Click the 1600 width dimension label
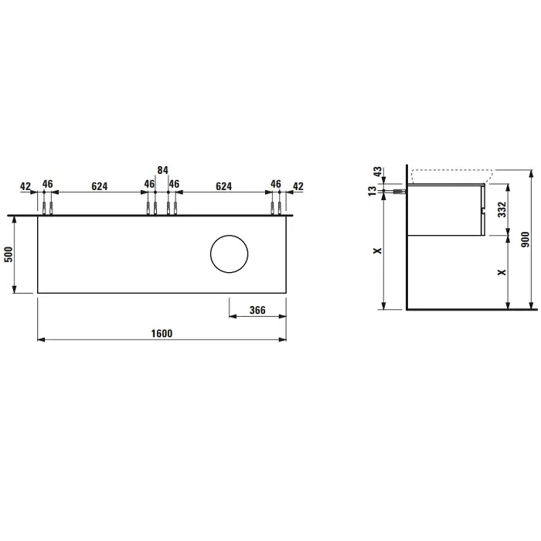(162, 333)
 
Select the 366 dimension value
(257, 310)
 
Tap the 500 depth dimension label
(9, 254)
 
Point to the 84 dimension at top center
(162, 170)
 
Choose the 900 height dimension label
(525, 240)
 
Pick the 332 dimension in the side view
(502, 209)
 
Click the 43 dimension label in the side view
(378, 172)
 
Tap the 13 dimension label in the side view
(373, 191)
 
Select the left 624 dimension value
(100, 186)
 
